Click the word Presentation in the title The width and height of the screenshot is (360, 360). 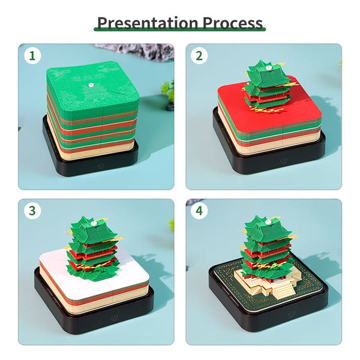[148, 23]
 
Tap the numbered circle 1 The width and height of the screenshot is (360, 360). [33, 56]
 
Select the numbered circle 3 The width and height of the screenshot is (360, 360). [33, 211]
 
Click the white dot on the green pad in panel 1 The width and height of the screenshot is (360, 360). [91, 86]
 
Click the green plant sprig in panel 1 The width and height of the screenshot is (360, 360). [168, 90]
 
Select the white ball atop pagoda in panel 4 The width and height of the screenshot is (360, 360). [262, 220]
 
